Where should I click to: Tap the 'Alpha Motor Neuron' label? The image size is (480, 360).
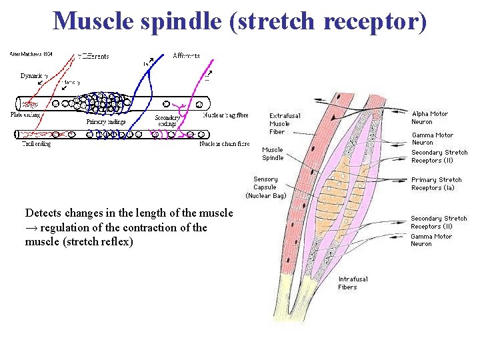431,118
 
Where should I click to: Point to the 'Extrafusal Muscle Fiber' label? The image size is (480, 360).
284,123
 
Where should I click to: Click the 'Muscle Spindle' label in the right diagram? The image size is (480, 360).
273,154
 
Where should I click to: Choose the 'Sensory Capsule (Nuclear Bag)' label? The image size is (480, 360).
266,187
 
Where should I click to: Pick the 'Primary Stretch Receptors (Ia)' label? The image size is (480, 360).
437,183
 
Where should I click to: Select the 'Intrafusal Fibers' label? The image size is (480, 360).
353,283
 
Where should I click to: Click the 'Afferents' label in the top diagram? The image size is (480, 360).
186,56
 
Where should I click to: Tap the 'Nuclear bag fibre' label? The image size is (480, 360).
225,115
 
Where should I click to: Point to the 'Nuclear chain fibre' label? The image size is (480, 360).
225,143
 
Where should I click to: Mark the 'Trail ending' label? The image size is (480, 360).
37,143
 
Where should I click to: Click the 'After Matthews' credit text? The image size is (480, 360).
31,54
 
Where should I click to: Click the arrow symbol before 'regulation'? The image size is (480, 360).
31,228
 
